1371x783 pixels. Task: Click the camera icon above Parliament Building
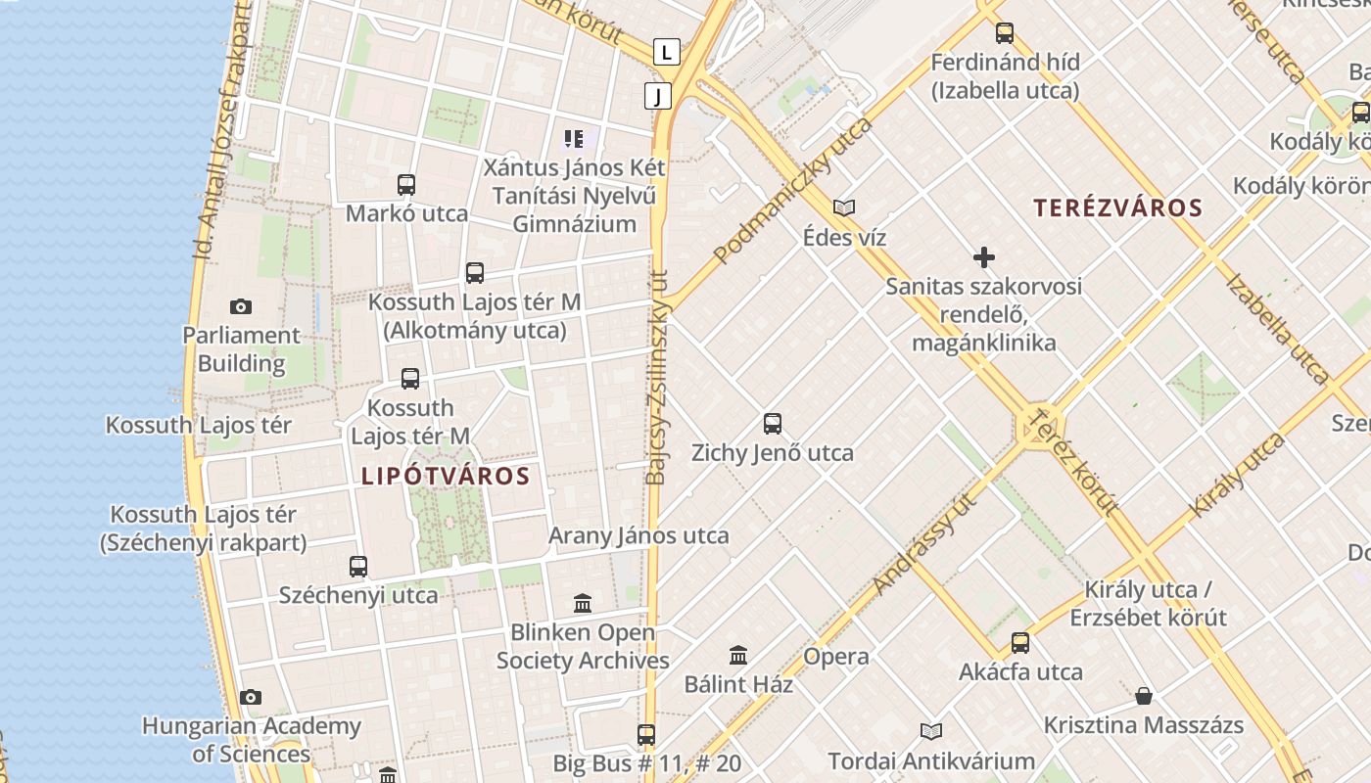click(241, 307)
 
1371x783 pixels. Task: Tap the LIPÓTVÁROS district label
click(446, 477)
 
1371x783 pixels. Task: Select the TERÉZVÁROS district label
click(1117, 207)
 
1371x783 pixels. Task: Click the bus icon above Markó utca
click(406, 184)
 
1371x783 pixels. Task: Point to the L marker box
click(667, 51)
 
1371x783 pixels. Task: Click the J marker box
click(658, 96)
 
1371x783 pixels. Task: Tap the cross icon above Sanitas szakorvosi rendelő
click(984, 257)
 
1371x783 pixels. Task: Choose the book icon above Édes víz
click(844, 207)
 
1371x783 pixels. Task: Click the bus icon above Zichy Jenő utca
click(773, 424)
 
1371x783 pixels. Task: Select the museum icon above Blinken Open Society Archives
click(583, 603)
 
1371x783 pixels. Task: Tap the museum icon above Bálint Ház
click(738, 655)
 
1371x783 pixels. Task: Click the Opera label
click(836, 657)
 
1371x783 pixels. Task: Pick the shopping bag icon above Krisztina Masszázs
click(1144, 696)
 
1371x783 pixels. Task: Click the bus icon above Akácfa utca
click(1020, 643)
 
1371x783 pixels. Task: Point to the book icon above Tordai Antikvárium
click(930, 731)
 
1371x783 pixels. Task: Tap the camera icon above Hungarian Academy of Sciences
click(251, 697)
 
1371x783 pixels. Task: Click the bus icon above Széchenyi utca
click(358, 566)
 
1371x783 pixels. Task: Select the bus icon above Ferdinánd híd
click(1005, 33)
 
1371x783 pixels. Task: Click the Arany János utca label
click(638, 535)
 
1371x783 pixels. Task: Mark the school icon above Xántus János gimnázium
click(574, 139)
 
